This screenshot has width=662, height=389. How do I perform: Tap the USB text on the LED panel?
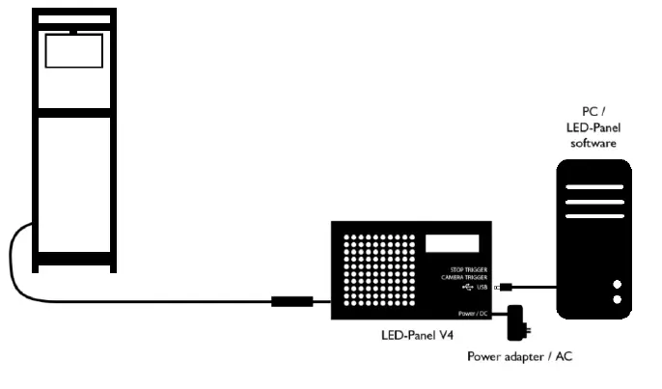pyautogui.click(x=482, y=287)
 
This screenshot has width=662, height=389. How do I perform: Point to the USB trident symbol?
pyautogui.click(x=468, y=287)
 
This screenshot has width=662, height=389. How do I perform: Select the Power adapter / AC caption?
pyautogui.click(x=520, y=356)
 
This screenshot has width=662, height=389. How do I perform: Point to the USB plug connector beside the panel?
pyautogui.click(x=503, y=287)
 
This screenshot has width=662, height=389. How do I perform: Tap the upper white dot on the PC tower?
pyautogui.click(x=617, y=285)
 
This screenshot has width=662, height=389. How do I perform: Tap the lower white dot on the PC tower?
pyautogui.click(x=617, y=299)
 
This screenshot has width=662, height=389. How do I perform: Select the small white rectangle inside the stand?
pyautogui.click(x=73, y=52)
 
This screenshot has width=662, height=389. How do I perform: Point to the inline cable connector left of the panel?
pyautogui.click(x=290, y=301)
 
